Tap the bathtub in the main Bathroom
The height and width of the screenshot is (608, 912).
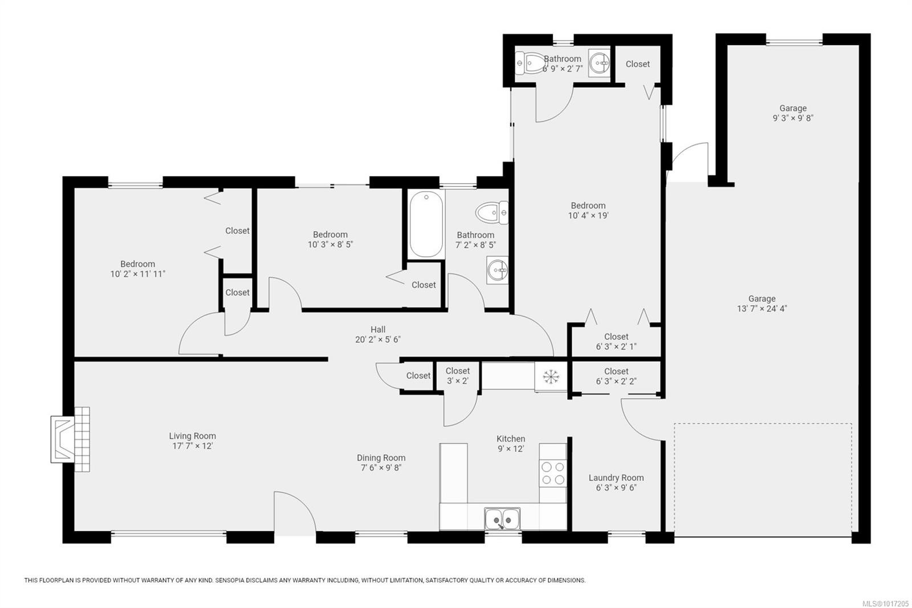[426, 225]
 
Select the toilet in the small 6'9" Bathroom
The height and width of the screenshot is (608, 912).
[529, 63]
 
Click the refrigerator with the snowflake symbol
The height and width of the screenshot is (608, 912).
[551, 376]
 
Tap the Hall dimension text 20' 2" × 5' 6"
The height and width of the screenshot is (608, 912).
[377, 339]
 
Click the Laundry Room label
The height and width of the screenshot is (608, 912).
[616, 478]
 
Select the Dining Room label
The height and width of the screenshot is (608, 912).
[381, 457]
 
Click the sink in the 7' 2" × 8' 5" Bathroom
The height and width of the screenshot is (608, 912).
[497, 269]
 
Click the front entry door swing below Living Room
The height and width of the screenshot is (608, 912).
[294, 513]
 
